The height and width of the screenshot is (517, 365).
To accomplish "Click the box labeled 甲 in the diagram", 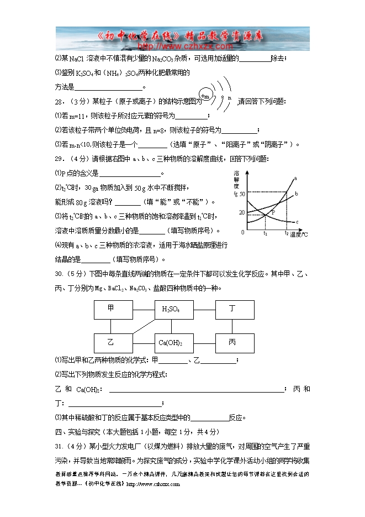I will point(113,310).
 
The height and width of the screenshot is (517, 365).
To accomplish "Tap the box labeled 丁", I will point(234,310).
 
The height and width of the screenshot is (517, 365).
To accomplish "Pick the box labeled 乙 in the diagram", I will point(113,343).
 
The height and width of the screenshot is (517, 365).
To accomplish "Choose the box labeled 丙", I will point(234,343).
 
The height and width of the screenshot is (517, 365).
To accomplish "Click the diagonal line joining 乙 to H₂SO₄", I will point(142,326).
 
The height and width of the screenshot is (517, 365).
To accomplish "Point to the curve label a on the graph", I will point(295,178).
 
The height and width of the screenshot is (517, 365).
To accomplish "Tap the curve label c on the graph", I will point(297,222).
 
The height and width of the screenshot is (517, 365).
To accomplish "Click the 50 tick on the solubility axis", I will point(242,192).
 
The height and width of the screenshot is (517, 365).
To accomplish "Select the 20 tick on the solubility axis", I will point(242,212).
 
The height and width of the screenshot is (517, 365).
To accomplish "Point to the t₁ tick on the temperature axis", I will point(266,233).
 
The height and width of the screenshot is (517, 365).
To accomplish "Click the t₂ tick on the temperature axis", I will point(287,233).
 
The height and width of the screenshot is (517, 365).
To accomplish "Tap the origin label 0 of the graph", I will point(242,231).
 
